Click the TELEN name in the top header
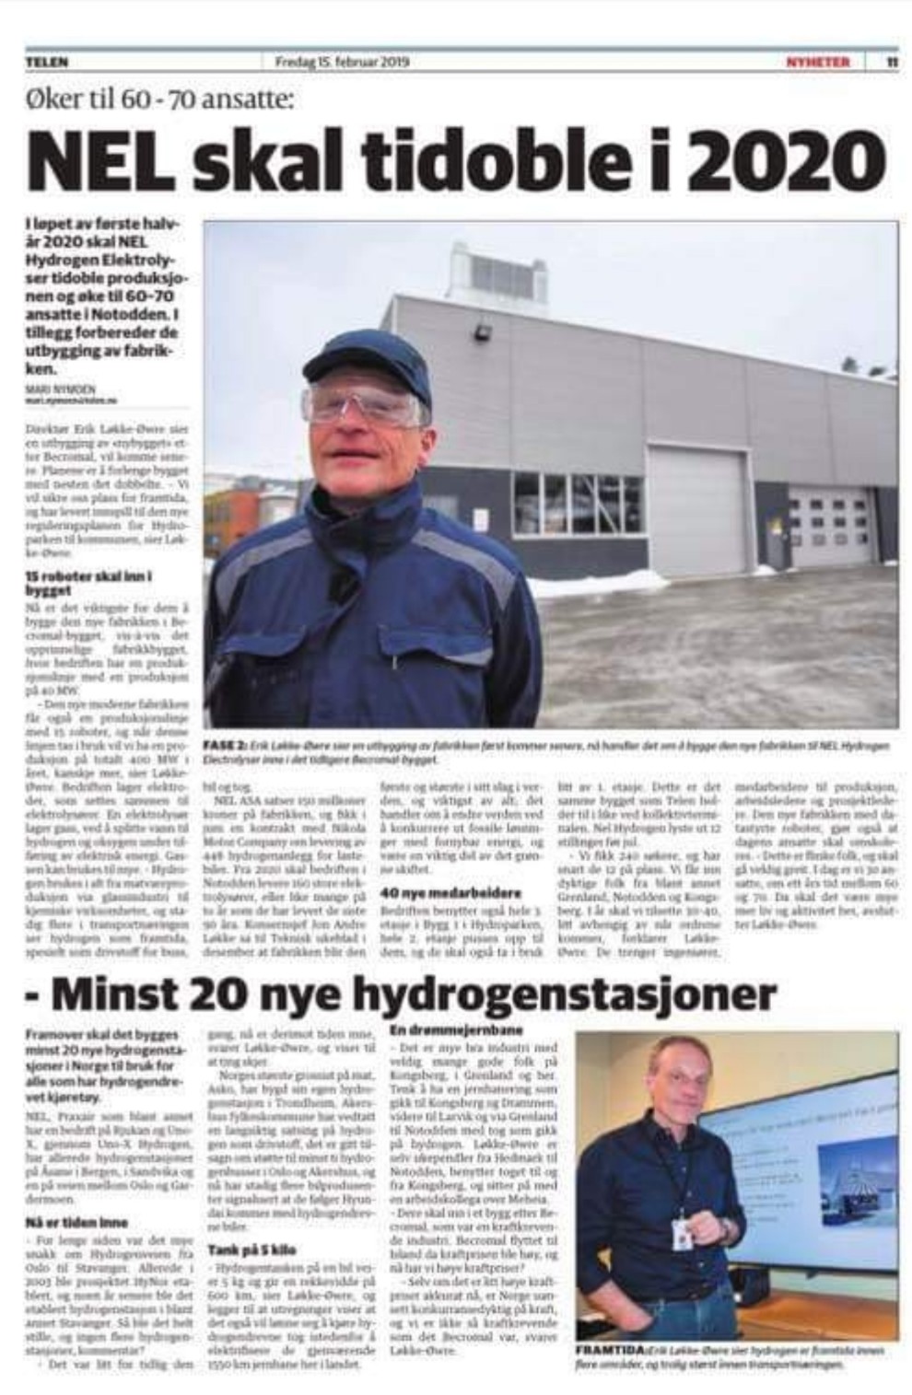tap(47, 63)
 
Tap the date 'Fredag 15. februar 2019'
tap(342, 63)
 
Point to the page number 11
tap(892, 63)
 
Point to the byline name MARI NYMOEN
tap(61, 389)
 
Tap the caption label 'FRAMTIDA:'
tap(610, 1349)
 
